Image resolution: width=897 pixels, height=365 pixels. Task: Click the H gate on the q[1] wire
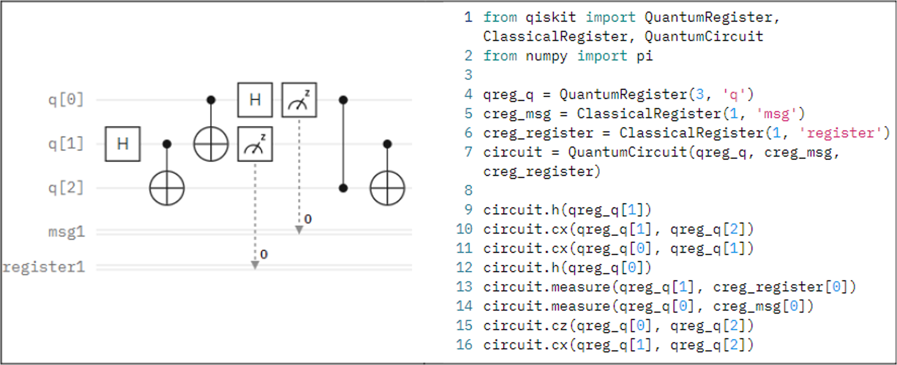(122, 144)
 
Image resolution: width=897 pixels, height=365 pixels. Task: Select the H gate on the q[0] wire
(255, 100)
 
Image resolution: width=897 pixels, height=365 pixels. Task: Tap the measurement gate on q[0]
(299, 100)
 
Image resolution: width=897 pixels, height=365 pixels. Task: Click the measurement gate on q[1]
(255, 144)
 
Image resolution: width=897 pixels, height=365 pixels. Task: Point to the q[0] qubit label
(66, 100)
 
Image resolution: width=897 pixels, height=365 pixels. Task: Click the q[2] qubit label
(66, 188)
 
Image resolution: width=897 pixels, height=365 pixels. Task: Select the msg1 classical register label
(66, 232)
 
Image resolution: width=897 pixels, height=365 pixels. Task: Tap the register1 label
(44, 267)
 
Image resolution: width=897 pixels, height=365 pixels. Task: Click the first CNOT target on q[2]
(167, 188)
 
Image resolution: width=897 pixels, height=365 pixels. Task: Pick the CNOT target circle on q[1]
(211, 144)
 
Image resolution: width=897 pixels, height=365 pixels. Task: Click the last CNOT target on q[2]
(387, 188)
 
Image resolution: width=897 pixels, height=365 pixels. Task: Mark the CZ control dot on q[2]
(343, 188)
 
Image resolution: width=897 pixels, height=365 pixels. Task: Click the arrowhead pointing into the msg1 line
(299, 230)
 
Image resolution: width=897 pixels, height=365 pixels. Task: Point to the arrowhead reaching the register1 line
(255, 265)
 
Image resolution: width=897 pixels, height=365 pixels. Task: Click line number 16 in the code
(464, 345)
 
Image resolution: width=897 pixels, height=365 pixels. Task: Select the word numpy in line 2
(546, 56)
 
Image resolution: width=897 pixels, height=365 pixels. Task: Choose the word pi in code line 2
(645, 56)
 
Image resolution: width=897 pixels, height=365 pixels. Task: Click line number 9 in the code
(468, 209)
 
